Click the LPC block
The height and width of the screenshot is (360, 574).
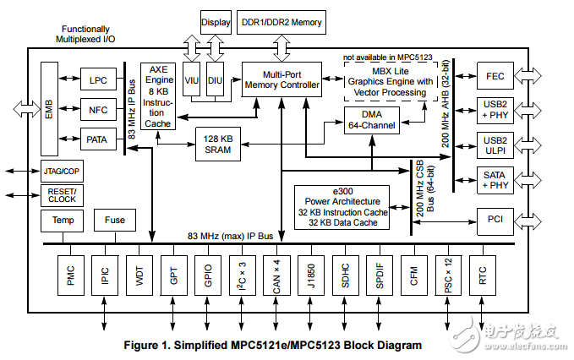[x=99, y=80]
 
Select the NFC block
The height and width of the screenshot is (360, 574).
[x=99, y=109]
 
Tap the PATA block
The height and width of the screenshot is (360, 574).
[x=99, y=139]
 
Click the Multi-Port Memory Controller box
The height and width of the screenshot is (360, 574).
[x=282, y=79]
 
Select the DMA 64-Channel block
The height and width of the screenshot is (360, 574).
[x=373, y=120]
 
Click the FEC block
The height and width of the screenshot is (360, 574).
[x=496, y=75]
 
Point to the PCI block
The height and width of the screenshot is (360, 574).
[x=496, y=219]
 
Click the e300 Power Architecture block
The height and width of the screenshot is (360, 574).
[x=342, y=207]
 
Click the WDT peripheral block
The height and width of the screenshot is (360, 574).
[x=139, y=275]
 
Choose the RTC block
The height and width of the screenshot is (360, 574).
[x=482, y=275]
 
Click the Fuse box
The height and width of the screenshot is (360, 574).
[x=115, y=221]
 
